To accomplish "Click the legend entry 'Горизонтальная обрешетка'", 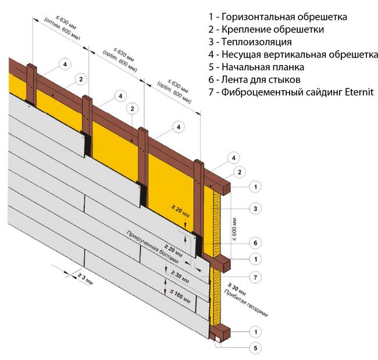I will click(x=284, y=17).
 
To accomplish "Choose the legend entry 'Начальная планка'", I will click(x=262, y=67).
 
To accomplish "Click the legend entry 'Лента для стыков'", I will click(x=261, y=80).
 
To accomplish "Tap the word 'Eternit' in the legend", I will click(x=358, y=92).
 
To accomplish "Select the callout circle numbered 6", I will click(x=254, y=243).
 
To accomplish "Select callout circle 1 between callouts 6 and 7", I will click(x=254, y=258).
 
